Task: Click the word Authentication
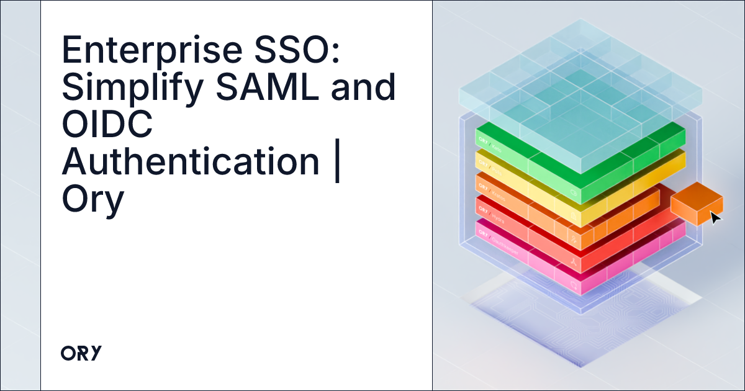click(x=190, y=161)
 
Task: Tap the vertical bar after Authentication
click(x=337, y=161)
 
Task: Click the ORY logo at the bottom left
click(x=81, y=353)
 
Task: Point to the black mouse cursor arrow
click(x=715, y=218)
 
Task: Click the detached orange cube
click(x=696, y=202)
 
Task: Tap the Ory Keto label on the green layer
click(x=490, y=133)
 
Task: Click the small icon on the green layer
click(x=574, y=195)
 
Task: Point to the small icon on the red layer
click(x=574, y=263)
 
